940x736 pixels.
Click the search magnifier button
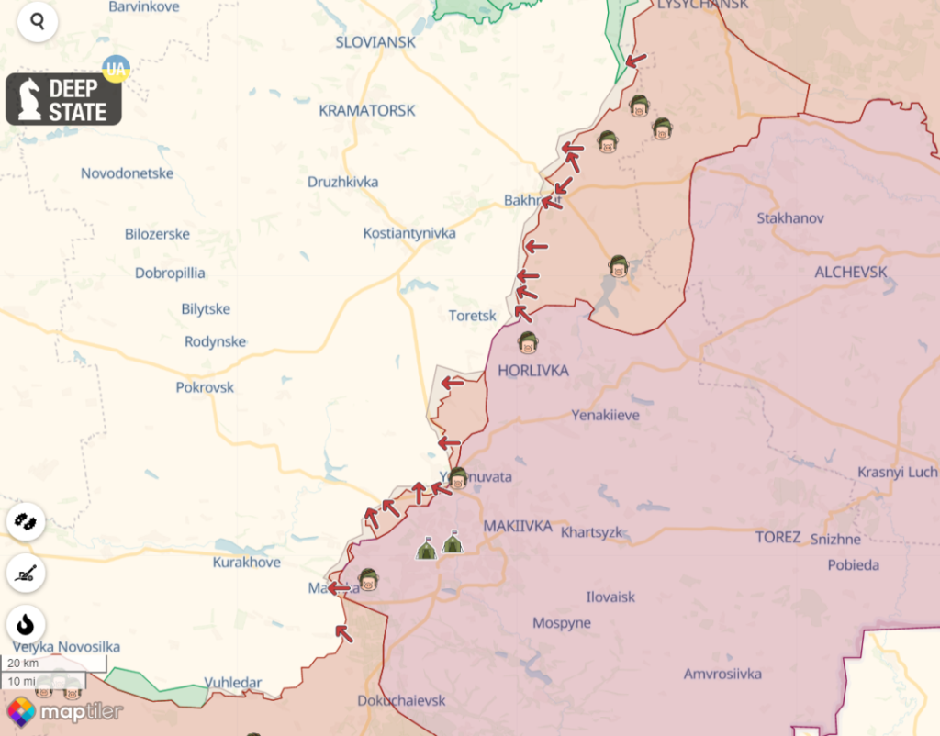(x=37, y=21)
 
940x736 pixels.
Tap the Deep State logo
(x=64, y=99)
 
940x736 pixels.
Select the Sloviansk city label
(x=375, y=42)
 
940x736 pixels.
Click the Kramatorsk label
(x=367, y=110)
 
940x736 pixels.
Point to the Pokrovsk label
(x=205, y=387)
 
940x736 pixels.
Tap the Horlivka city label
(x=532, y=371)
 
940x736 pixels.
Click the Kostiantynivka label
(x=409, y=233)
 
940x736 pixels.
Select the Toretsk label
(x=472, y=316)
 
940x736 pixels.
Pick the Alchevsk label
(x=851, y=272)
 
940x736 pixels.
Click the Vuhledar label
(x=232, y=683)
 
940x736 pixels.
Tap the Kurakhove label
(x=247, y=562)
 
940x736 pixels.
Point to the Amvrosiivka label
(x=722, y=674)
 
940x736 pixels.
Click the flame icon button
(x=26, y=624)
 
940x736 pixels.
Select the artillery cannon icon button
(x=26, y=574)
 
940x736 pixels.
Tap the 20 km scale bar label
(x=24, y=663)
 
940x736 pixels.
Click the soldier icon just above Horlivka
(x=528, y=343)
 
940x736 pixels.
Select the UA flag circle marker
(x=116, y=69)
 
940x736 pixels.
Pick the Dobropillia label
(x=170, y=273)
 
